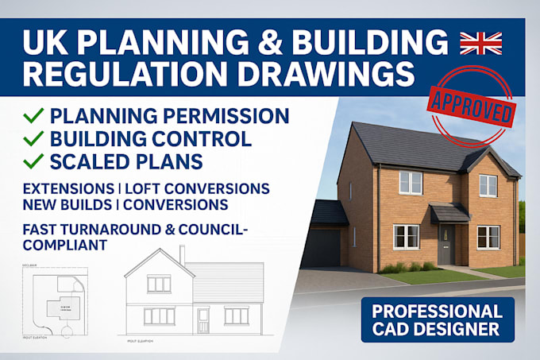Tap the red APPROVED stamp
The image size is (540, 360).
pyautogui.click(x=469, y=103)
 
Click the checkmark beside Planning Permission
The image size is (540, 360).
pyautogui.click(x=33, y=116)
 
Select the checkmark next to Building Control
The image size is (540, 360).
pyautogui.click(x=33, y=139)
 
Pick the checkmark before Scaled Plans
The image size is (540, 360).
pyautogui.click(x=33, y=162)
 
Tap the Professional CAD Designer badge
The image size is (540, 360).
pyautogui.click(x=438, y=319)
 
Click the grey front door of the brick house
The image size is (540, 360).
pyautogui.click(x=449, y=242)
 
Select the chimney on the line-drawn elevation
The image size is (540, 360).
pyautogui.click(x=182, y=254)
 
